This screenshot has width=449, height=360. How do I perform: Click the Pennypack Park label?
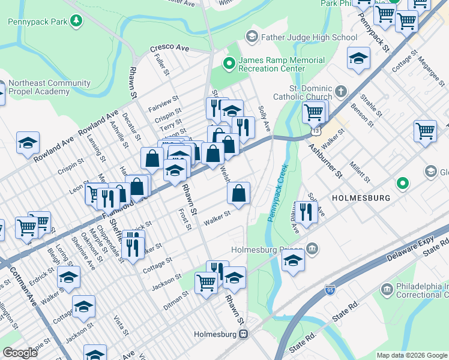[37, 22]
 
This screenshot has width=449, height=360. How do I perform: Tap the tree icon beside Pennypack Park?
[76, 22]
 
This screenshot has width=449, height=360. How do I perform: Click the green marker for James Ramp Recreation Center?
[229, 62]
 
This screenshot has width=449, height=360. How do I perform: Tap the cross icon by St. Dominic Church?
[341, 92]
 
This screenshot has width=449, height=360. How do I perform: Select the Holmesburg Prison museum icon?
[312, 248]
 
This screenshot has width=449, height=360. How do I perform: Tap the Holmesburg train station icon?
[244, 334]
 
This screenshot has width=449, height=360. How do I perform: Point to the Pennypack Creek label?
[278, 192]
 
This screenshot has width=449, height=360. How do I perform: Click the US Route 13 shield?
[316, 130]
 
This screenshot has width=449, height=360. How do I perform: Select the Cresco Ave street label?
[169, 47]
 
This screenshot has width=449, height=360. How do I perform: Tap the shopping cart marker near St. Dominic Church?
[313, 112]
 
